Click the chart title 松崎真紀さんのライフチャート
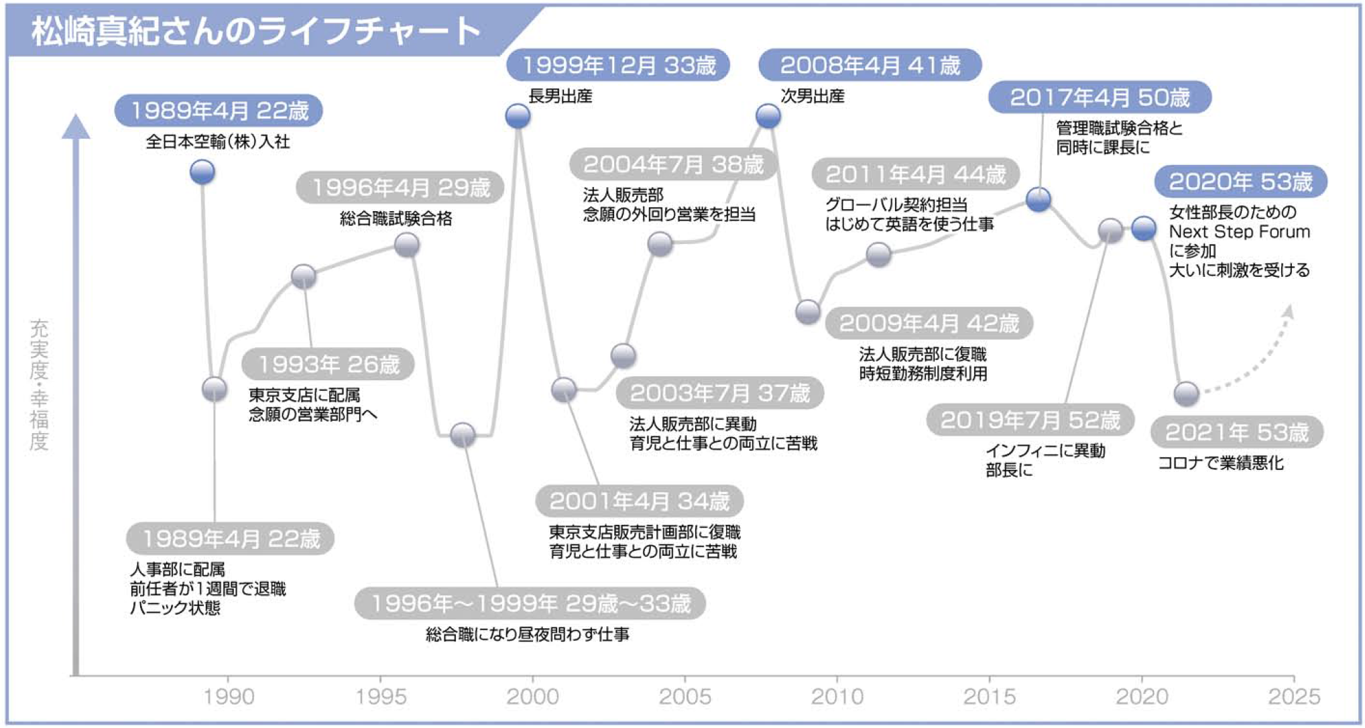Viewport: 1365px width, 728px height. (256, 31)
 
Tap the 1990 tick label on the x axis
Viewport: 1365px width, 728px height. (229, 696)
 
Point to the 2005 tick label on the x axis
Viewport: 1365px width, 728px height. (685, 696)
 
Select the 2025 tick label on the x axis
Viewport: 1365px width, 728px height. (1294, 696)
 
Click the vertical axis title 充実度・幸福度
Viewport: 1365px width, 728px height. (39, 385)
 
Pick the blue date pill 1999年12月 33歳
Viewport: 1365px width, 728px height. (618, 65)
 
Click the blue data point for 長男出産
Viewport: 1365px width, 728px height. (518, 116)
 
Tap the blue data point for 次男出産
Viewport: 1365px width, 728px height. (768, 116)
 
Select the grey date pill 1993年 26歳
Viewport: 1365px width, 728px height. (328, 364)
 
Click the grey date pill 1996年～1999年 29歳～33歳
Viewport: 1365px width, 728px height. (530, 603)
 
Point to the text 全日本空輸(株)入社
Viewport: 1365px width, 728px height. (218, 141)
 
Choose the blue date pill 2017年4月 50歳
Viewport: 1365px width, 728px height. (1100, 97)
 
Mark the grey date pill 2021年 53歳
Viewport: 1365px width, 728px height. (1237, 432)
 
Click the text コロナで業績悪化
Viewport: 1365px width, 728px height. (1221, 463)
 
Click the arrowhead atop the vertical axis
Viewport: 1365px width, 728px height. (76, 127)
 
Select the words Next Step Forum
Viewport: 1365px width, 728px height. (1240, 232)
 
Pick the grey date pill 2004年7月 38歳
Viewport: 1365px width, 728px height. (673, 164)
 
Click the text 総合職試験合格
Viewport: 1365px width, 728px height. (396, 219)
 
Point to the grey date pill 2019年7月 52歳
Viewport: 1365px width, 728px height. (1030, 420)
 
